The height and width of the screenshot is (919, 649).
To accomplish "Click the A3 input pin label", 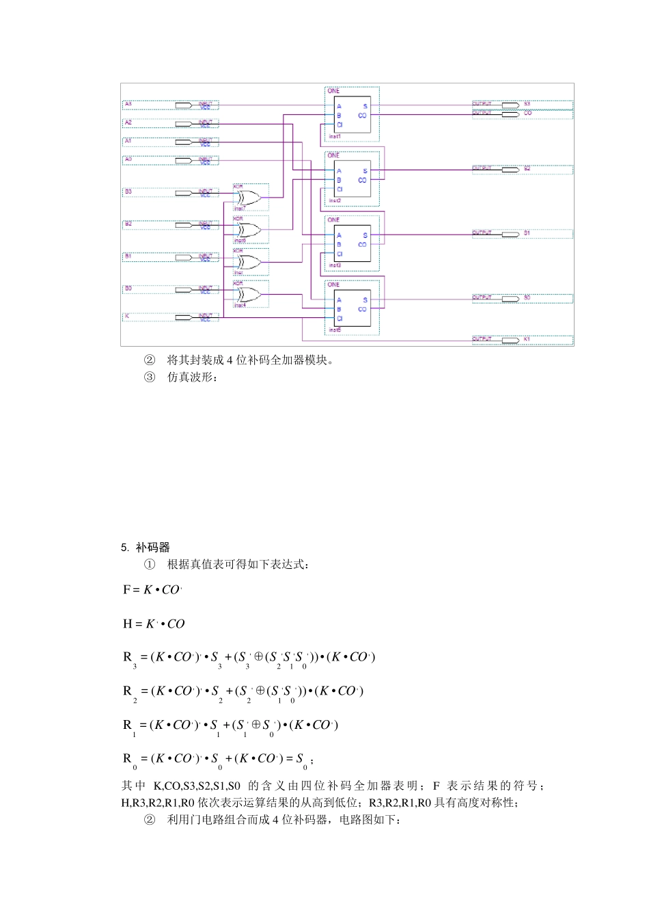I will tap(128, 105).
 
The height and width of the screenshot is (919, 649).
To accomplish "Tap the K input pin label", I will tap(127, 317).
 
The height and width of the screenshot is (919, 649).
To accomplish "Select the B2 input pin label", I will tap(128, 224).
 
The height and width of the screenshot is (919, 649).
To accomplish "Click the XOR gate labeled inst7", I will tap(248, 198).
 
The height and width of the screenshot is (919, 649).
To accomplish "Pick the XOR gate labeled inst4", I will tap(248, 295).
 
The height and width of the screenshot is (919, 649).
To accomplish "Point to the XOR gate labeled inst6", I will tap(248, 230).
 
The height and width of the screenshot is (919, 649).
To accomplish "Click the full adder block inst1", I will tap(352, 116).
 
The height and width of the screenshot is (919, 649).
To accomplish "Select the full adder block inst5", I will tap(352, 309).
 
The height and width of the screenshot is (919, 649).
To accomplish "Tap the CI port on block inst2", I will tap(340, 189).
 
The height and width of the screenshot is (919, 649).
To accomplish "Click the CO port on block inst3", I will tap(362, 244).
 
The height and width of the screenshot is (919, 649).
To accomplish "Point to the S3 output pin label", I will tap(527, 104).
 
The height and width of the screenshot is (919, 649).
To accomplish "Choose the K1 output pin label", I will tap(527, 339).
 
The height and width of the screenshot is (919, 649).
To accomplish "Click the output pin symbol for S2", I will tap(510, 169).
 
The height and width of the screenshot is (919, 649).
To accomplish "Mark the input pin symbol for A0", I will tap(184, 161).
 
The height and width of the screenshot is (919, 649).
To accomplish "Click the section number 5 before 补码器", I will tap(124, 548).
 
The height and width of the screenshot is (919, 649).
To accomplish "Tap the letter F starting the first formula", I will tap(126, 589).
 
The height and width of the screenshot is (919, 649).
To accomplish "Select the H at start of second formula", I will tap(127, 624).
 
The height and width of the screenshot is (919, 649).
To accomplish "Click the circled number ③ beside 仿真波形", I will tap(150, 377).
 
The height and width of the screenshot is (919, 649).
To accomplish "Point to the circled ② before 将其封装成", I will tap(150, 360).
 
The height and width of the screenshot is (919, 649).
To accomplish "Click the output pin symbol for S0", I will tap(510, 299).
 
